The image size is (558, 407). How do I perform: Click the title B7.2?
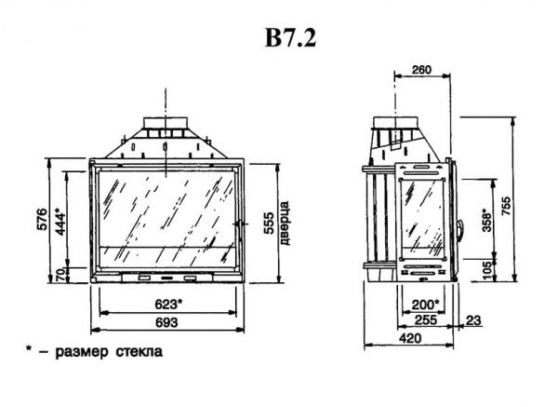click(290, 37)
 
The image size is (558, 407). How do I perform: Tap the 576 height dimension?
click(42, 220)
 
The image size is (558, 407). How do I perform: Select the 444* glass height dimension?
click(60, 224)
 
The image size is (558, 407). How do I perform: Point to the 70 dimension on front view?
click(60, 275)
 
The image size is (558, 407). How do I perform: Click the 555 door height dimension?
click(269, 224)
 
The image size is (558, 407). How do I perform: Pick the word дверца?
click(285, 224)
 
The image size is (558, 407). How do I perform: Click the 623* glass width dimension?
click(168, 305)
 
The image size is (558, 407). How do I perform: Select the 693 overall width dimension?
click(166, 322)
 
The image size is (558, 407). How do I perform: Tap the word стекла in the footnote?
click(139, 352)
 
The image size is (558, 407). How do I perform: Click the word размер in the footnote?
click(82, 352)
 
